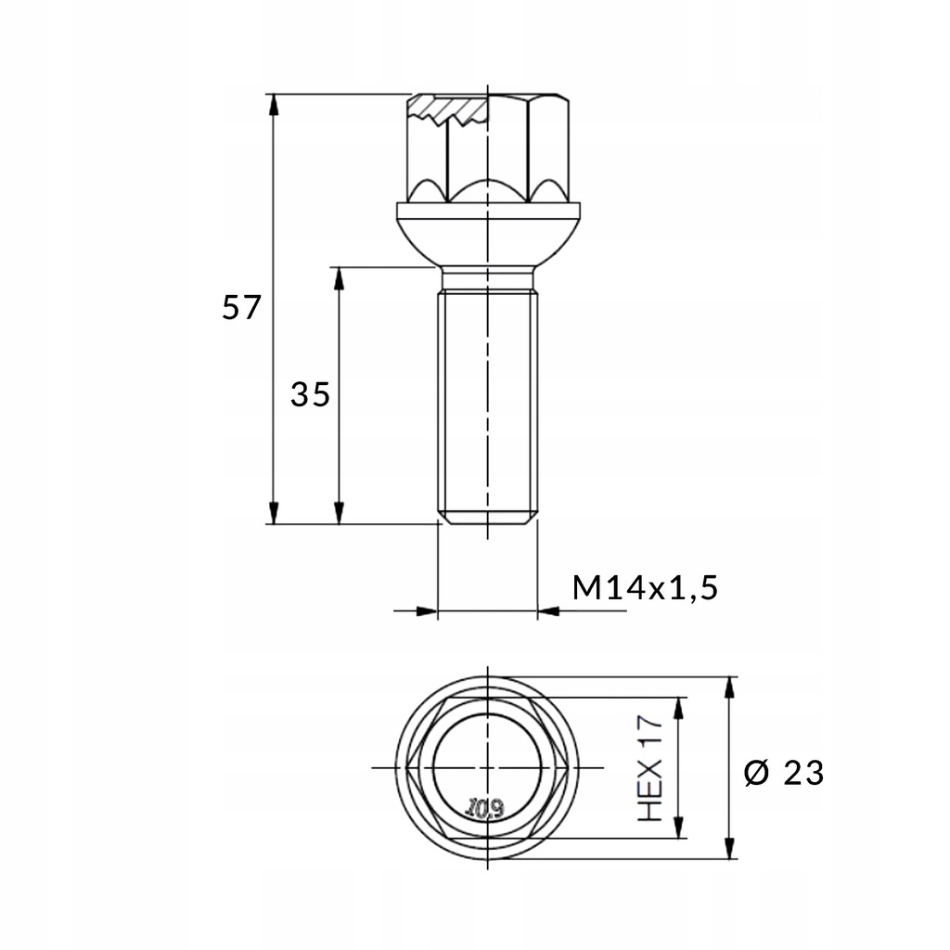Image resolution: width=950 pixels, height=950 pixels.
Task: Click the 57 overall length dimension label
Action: click(243, 307)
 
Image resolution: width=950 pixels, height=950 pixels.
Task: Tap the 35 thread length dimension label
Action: click(310, 395)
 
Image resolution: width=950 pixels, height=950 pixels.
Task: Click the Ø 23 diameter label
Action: click(785, 772)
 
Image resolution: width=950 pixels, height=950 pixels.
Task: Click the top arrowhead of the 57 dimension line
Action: click(274, 103)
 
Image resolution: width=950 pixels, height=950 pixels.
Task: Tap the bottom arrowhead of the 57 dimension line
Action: click(274, 513)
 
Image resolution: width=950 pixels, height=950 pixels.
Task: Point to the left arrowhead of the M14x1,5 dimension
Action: click(426, 611)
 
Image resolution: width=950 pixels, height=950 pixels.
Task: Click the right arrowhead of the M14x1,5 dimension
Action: click(549, 611)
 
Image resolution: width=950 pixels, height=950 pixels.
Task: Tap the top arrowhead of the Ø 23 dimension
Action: click(732, 687)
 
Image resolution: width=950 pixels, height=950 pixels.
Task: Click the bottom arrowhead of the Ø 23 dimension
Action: click(732, 848)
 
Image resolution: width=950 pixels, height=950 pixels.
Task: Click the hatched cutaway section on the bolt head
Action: click(450, 110)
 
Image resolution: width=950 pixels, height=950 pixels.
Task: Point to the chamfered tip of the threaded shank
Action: click(487, 517)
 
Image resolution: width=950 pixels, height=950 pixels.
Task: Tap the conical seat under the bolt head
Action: click(487, 237)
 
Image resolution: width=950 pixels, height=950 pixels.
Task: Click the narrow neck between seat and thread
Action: click(487, 278)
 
